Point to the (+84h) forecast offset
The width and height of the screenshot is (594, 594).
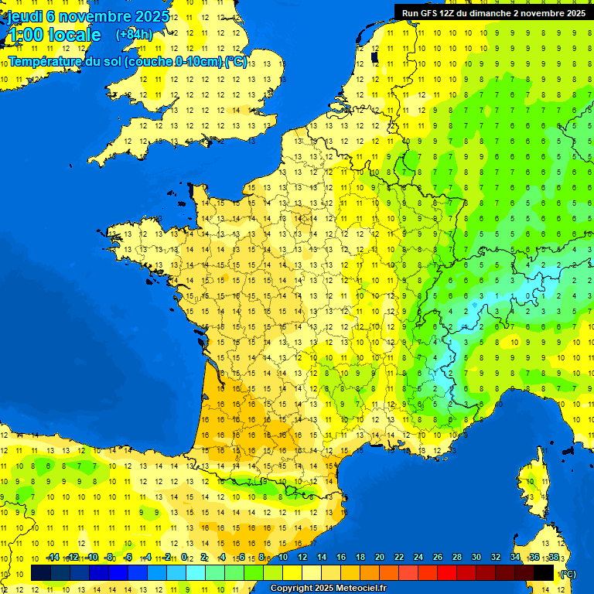tap(134, 35)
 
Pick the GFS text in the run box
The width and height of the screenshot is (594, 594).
tap(429, 13)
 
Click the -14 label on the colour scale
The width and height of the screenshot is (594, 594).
tap(53, 557)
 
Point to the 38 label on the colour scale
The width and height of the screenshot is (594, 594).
tap(553, 557)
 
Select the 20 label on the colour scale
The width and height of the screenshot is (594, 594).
tap(380, 557)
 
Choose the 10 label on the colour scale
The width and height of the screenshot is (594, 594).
tap(283, 557)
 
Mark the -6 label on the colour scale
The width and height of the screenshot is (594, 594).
tap(128, 557)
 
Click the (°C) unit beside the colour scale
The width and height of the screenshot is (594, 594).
tap(568, 573)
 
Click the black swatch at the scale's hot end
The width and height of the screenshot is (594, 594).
tap(544, 573)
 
